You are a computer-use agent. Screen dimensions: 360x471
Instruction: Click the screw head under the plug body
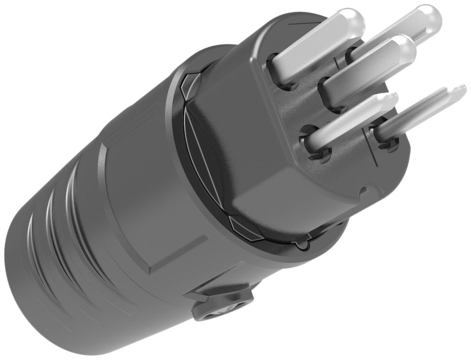[221, 311]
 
